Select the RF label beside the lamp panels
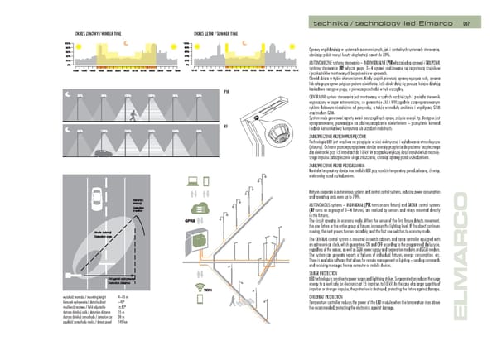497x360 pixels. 226,127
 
